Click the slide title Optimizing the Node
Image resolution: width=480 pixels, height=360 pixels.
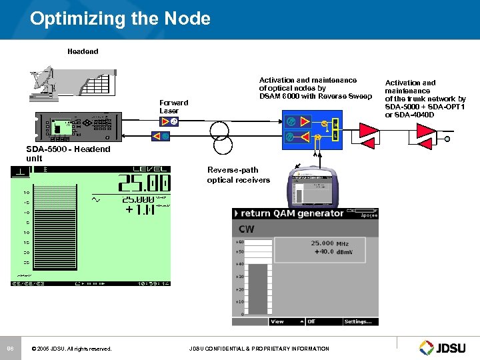[x=120, y=18]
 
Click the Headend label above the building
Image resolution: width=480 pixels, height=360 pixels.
[x=83, y=51]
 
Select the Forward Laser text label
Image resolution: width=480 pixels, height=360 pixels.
[x=173, y=107]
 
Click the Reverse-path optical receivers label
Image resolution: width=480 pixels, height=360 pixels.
[x=238, y=175]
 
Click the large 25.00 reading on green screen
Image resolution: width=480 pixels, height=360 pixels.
[x=143, y=183]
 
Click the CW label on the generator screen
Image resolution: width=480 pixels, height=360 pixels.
[x=246, y=229]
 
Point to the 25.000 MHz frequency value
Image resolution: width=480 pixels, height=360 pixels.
[x=329, y=244]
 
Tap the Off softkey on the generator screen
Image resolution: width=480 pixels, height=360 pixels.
[x=311, y=321]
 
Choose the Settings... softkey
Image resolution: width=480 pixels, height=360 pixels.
[x=358, y=321]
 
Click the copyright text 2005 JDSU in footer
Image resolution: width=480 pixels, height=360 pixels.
[x=71, y=349]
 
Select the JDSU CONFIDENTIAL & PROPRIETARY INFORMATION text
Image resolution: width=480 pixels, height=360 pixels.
[x=259, y=349]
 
